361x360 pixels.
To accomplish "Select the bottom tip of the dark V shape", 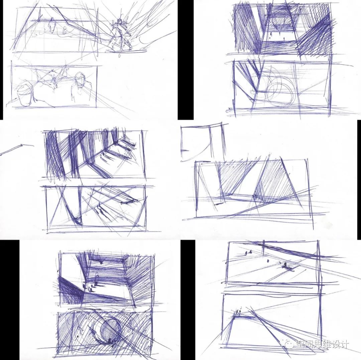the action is tap(78, 223).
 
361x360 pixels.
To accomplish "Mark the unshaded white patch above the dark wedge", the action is tap(70, 264).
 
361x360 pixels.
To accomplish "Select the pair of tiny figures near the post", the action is tap(247, 253).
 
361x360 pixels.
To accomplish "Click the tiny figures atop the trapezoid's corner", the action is tap(238, 311).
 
